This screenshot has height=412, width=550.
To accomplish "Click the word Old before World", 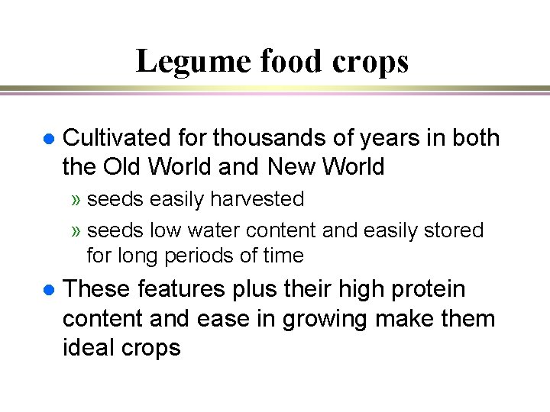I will (x=125, y=166).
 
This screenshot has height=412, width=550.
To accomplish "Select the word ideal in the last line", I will (x=89, y=348).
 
